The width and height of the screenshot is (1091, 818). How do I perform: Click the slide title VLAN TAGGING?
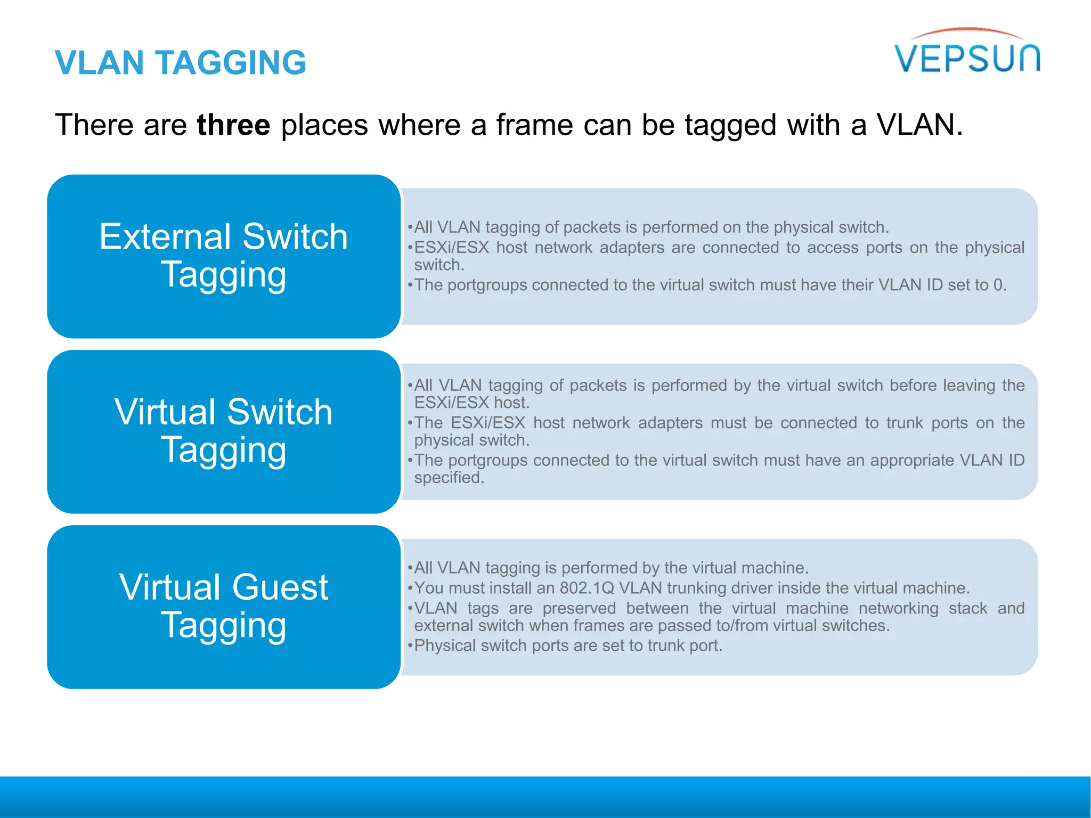pyautogui.click(x=181, y=63)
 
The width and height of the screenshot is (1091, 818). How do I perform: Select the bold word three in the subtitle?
pyautogui.click(x=233, y=125)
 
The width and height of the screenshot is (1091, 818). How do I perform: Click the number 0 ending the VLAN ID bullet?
pyautogui.click(x=998, y=285)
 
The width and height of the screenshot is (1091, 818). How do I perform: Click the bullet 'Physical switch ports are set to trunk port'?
pyautogui.click(x=568, y=646)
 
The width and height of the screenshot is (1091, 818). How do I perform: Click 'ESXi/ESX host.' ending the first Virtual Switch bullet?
pyautogui.click(x=471, y=403)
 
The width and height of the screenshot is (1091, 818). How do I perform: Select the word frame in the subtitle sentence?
pyautogui.click(x=535, y=125)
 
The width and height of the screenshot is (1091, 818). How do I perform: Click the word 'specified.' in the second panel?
pyautogui.click(x=449, y=478)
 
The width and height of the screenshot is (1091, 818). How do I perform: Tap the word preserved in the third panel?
pyautogui.click(x=579, y=608)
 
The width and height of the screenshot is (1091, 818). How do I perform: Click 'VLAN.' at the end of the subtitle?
pyautogui.click(x=920, y=125)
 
